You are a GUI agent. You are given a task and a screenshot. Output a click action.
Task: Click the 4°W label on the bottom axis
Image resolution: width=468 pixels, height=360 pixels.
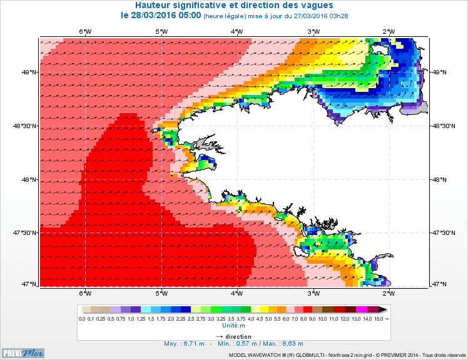237,292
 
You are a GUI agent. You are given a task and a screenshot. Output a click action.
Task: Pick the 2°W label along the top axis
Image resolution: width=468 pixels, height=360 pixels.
389,31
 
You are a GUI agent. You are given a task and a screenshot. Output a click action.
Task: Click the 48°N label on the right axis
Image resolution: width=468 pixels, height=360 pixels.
442,179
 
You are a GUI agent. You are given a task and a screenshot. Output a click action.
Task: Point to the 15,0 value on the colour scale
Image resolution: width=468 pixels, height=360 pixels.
379,319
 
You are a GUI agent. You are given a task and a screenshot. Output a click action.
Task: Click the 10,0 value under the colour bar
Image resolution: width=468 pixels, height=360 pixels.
322,319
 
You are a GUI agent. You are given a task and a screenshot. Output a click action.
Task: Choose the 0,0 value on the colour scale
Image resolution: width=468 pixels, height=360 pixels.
82,319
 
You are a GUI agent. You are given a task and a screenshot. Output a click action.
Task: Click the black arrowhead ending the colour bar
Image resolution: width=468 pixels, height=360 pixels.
383,309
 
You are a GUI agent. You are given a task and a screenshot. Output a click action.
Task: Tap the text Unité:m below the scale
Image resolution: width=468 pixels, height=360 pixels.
234,326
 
